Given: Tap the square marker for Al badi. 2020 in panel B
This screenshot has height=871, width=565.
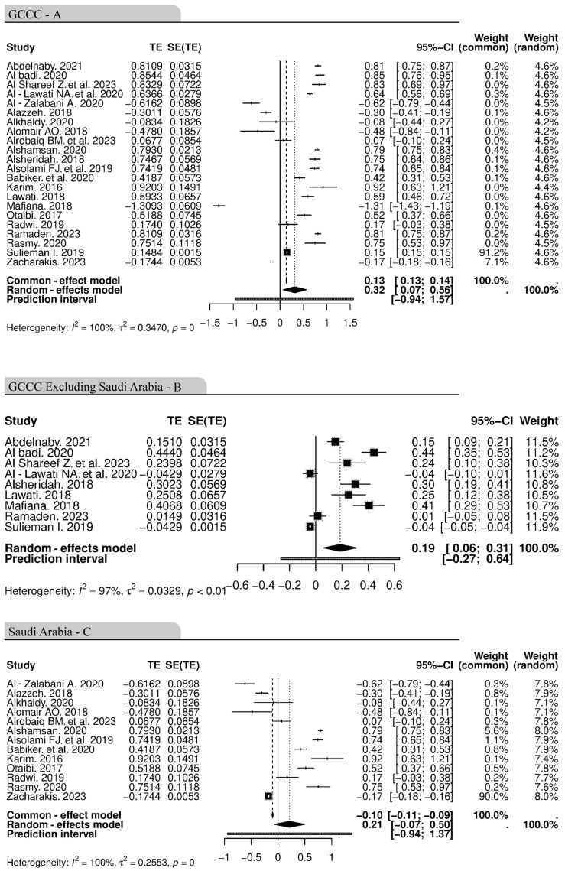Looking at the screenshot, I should [374, 452].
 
